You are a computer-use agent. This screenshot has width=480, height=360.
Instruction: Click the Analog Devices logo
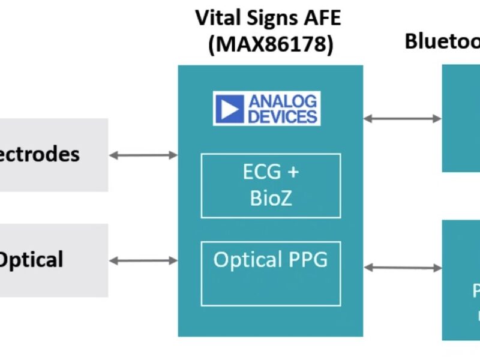266,109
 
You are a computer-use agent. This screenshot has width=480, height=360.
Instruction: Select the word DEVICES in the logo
282,116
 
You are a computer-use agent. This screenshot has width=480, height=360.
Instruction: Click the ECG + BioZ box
271,185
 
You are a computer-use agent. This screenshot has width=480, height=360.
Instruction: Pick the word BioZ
271,198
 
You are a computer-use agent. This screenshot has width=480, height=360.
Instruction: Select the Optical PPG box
271,274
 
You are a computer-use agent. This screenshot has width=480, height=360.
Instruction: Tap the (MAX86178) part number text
271,44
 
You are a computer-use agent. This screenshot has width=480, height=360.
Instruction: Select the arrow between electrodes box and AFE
143,155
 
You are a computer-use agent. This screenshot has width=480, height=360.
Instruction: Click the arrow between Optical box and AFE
143,261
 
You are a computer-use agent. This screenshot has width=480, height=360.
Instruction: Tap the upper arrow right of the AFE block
403,118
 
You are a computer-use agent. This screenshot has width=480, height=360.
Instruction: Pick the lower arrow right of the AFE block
403,267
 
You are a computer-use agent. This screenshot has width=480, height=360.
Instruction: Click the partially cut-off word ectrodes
39,154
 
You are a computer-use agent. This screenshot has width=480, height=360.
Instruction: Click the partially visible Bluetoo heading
442,41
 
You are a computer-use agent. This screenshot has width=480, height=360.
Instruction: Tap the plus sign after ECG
292,172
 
